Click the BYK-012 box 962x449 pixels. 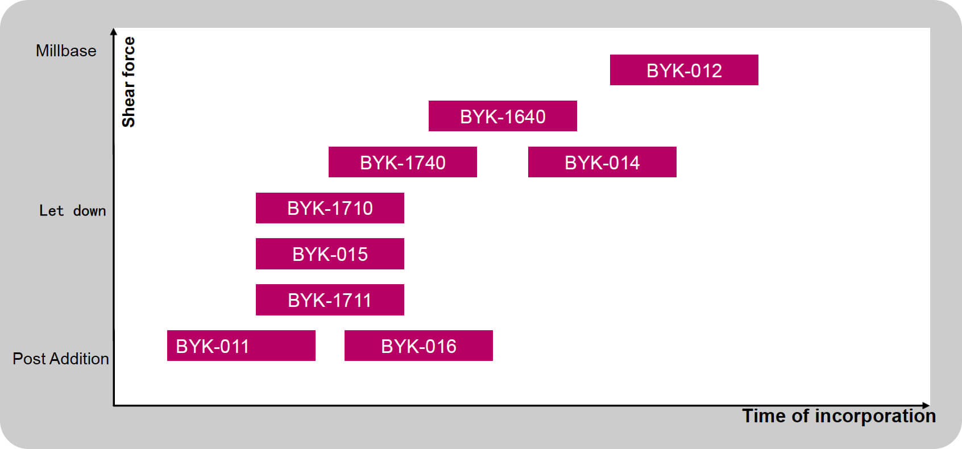click(x=684, y=70)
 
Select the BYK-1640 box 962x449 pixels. click(x=503, y=116)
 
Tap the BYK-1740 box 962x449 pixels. click(x=403, y=162)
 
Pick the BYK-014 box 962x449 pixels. click(x=602, y=162)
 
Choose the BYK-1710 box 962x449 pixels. click(x=330, y=208)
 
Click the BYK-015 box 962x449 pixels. click(x=330, y=253)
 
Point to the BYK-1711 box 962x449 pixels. click(x=330, y=300)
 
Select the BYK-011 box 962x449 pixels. click(x=241, y=346)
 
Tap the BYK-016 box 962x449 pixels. click(x=418, y=346)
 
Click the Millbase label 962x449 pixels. click(x=66, y=51)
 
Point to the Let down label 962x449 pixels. click(x=72, y=211)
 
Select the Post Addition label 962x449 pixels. click(x=61, y=359)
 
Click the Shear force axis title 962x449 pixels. click(x=129, y=82)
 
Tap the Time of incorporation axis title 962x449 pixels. click(x=839, y=416)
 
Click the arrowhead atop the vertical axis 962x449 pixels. click(x=114, y=31)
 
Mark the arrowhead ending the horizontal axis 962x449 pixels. click(x=926, y=405)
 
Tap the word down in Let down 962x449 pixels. click(x=89, y=211)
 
